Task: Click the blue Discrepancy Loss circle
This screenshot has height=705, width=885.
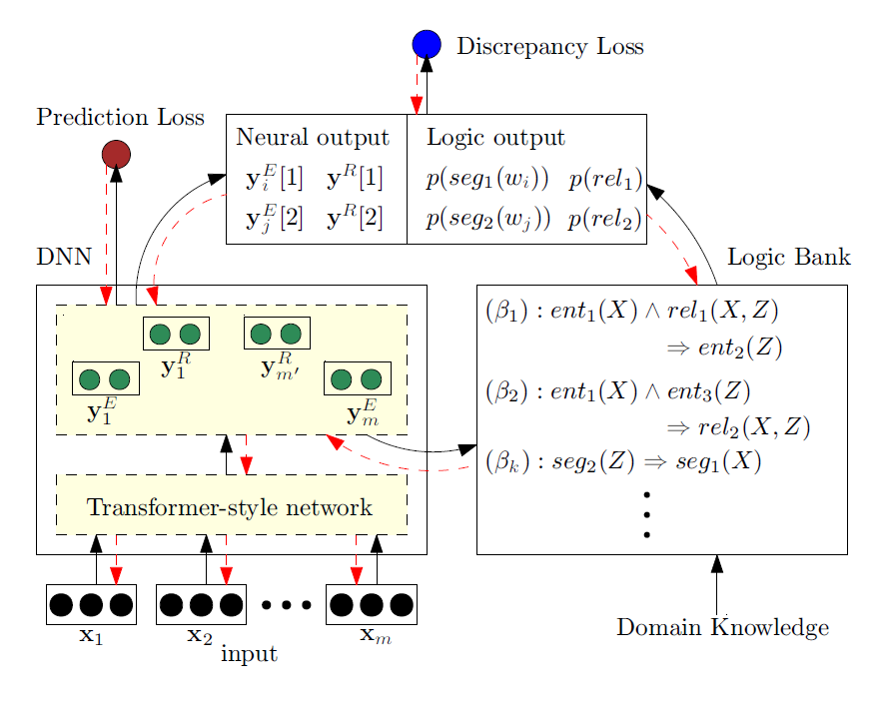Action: tap(427, 44)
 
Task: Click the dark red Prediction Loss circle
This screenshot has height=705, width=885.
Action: tap(116, 154)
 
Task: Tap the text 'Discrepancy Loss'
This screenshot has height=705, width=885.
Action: tap(549, 47)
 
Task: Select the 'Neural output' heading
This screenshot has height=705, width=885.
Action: tap(312, 138)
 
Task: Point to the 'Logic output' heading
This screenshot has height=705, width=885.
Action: tap(495, 138)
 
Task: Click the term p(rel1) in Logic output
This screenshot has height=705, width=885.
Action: tap(604, 180)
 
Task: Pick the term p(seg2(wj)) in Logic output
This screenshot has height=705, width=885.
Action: tap(487, 218)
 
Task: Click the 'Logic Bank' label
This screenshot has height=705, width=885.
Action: tap(788, 258)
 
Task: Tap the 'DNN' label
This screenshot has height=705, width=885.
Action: tap(64, 258)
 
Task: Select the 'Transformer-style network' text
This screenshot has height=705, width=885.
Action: tap(230, 507)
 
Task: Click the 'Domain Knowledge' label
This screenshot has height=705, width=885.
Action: tap(722, 628)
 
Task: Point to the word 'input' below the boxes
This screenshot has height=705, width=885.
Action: tap(248, 654)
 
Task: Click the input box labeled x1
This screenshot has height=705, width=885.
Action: tap(91, 604)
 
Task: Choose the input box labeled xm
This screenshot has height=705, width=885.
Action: tap(371, 604)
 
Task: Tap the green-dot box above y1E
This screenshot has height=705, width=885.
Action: tap(105, 378)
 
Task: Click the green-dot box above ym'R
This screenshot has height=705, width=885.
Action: tap(277, 333)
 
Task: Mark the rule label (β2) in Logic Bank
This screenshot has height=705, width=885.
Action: tap(505, 390)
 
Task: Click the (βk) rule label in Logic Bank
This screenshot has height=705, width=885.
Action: tap(505, 462)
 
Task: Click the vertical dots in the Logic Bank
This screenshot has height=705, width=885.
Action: tap(647, 514)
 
